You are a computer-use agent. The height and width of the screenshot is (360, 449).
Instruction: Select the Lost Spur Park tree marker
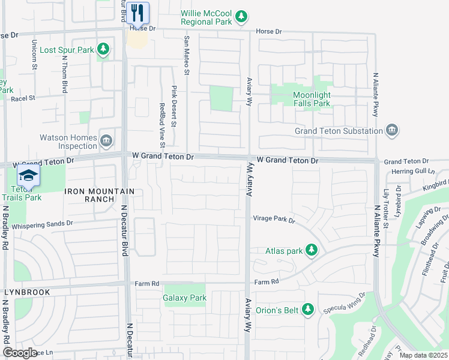(103, 49)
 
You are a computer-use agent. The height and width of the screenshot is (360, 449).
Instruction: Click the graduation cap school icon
(28, 175)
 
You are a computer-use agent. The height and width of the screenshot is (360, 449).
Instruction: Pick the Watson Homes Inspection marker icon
(106, 141)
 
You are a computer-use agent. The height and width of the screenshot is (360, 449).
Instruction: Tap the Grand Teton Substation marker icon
(392, 130)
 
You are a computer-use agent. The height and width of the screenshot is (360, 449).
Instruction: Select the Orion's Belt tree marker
(308, 310)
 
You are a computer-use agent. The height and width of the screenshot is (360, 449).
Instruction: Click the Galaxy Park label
(185, 298)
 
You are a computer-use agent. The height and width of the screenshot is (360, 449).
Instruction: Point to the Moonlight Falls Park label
(312, 99)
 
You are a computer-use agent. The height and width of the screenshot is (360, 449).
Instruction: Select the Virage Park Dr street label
(274, 220)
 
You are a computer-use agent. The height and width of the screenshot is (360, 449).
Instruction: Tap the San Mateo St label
(187, 55)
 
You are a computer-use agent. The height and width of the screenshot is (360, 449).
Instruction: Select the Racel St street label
(24, 98)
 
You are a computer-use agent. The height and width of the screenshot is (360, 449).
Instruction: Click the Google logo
(20, 353)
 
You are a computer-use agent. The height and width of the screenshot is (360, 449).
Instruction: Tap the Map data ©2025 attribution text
(423, 355)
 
